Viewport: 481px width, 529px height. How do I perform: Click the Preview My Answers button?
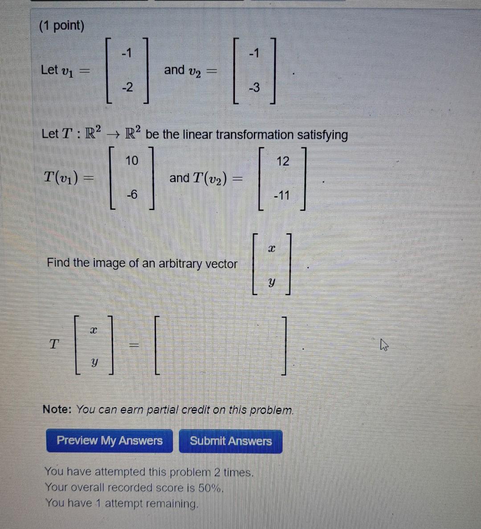109,441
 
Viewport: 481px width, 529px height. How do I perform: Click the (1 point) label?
61,26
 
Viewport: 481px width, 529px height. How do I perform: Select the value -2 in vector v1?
127,87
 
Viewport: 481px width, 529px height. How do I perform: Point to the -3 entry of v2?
254,88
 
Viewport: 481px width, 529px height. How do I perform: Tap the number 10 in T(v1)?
132,160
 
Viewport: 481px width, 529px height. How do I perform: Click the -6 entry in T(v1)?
132,194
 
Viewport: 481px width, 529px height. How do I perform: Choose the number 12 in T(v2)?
283,161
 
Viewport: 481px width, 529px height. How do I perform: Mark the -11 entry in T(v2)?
282,195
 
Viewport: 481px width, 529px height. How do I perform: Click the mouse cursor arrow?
384,345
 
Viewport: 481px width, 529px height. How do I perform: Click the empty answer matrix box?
221,346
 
